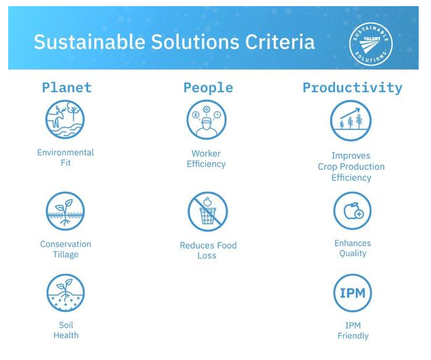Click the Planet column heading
66,88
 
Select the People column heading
208,88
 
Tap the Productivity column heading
352,88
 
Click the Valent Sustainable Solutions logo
370,45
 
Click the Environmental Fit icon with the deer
66,120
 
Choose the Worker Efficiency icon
207,120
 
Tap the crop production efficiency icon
351,120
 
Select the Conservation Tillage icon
66,211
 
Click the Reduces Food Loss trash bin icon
207,211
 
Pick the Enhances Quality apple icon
352,211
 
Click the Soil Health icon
66,292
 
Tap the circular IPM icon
352,294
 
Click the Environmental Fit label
66,157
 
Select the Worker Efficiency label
207,159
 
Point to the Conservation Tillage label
66,249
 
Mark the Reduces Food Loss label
207,250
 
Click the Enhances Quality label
352,248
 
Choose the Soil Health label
66,330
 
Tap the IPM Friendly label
352,331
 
